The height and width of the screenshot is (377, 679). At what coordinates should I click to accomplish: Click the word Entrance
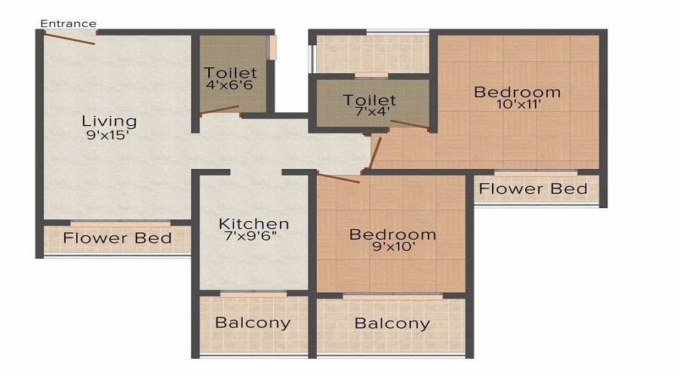[69, 23]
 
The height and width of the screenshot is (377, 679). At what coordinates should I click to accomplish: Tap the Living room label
[109, 121]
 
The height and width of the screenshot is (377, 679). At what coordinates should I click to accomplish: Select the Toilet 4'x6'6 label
[231, 80]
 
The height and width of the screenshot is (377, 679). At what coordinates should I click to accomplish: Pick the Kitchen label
[253, 224]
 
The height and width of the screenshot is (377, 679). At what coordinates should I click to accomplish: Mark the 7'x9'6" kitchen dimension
[253, 239]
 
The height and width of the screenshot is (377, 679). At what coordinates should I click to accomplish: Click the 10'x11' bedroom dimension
[518, 106]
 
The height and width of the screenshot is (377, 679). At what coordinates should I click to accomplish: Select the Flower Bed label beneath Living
[117, 239]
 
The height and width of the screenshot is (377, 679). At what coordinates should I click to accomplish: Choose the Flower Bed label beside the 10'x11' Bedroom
[533, 188]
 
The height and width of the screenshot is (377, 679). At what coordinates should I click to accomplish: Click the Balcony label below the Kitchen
[253, 323]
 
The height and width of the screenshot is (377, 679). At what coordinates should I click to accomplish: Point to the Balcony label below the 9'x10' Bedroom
[392, 324]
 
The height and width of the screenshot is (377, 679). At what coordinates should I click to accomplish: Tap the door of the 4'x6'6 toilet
[220, 110]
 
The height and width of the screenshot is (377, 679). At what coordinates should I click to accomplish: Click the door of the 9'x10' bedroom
[338, 178]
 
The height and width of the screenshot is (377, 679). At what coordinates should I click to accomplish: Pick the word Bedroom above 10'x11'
[518, 92]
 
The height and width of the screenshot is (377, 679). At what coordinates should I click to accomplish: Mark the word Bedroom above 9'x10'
[392, 234]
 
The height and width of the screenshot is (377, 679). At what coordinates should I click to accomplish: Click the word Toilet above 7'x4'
[370, 100]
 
